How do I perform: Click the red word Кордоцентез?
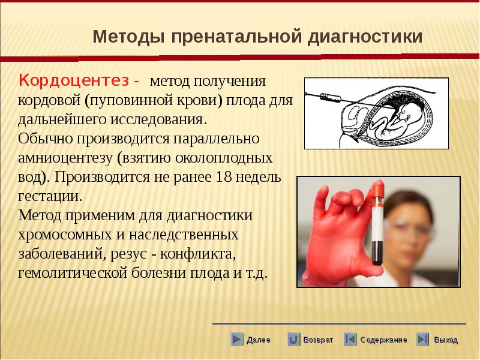[74, 81]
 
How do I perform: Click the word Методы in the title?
[129, 37]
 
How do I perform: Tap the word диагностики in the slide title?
[365, 37]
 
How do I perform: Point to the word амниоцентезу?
[65, 158]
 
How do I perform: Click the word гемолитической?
[72, 272]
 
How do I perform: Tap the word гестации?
[50, 197]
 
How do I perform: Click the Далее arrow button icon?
[237, 339]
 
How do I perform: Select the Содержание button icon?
[350, 339]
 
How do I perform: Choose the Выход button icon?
[422, 339]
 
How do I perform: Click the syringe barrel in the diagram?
[331, 98]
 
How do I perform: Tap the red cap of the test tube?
[379, 188]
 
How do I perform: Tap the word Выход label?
[446, 340]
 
